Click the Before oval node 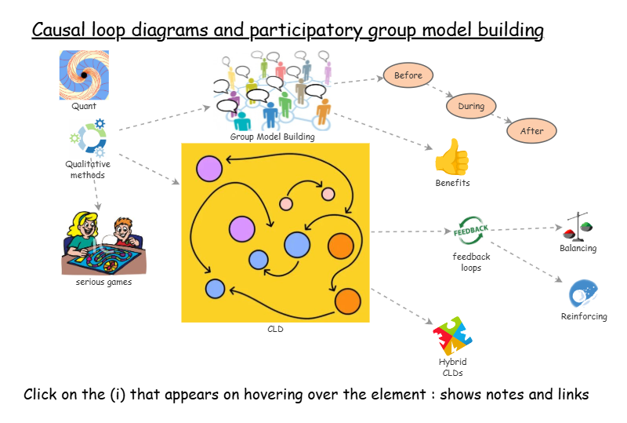click(408, 76)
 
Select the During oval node click(471, 106)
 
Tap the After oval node click(531, 130)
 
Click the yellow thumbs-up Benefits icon click(452, 157)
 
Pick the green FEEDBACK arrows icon click(472, 230)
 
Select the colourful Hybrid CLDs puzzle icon click(452, 336)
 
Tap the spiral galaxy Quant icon click(84, 75)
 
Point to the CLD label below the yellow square click(275, 330)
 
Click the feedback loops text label click(471, 262)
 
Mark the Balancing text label click(578, 249)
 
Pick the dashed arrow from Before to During click(439, 92)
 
